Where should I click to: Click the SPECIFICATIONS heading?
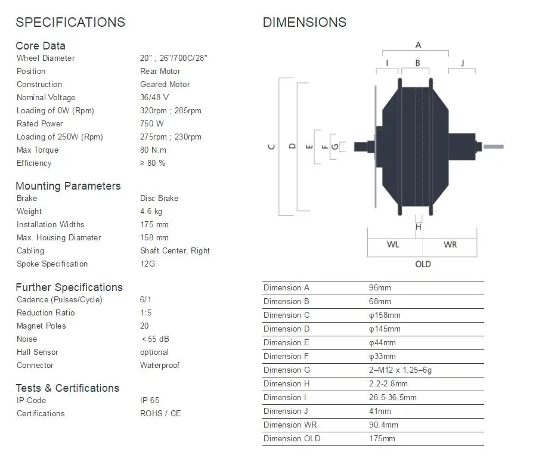tap(70, 23)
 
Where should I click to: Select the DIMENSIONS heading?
tap(304, 23)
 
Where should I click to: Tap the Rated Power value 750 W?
tap(151, 124)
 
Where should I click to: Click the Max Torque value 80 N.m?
tap(153, 150)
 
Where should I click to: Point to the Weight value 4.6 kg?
tap(151, 212)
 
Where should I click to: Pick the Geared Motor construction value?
tap(165, 85)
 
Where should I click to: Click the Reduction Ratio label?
tap(46, 313)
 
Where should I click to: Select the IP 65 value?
tap(150, 401)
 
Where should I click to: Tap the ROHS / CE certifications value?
tap(160, 414)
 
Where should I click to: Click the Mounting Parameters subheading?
tap(68, 186)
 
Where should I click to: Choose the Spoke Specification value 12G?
tap(147, 264)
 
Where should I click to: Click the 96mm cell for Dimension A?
tap(380, 288)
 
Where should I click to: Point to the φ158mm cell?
tap(385, 315)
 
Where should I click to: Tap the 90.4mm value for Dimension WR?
tap(383, 425)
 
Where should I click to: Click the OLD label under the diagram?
tap(423, 264)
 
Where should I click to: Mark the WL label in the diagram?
tap(393, 245)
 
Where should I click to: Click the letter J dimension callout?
tap(462, 63)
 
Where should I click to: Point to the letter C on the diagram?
tap(272, 147)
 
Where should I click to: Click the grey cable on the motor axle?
tap(493, 147)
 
